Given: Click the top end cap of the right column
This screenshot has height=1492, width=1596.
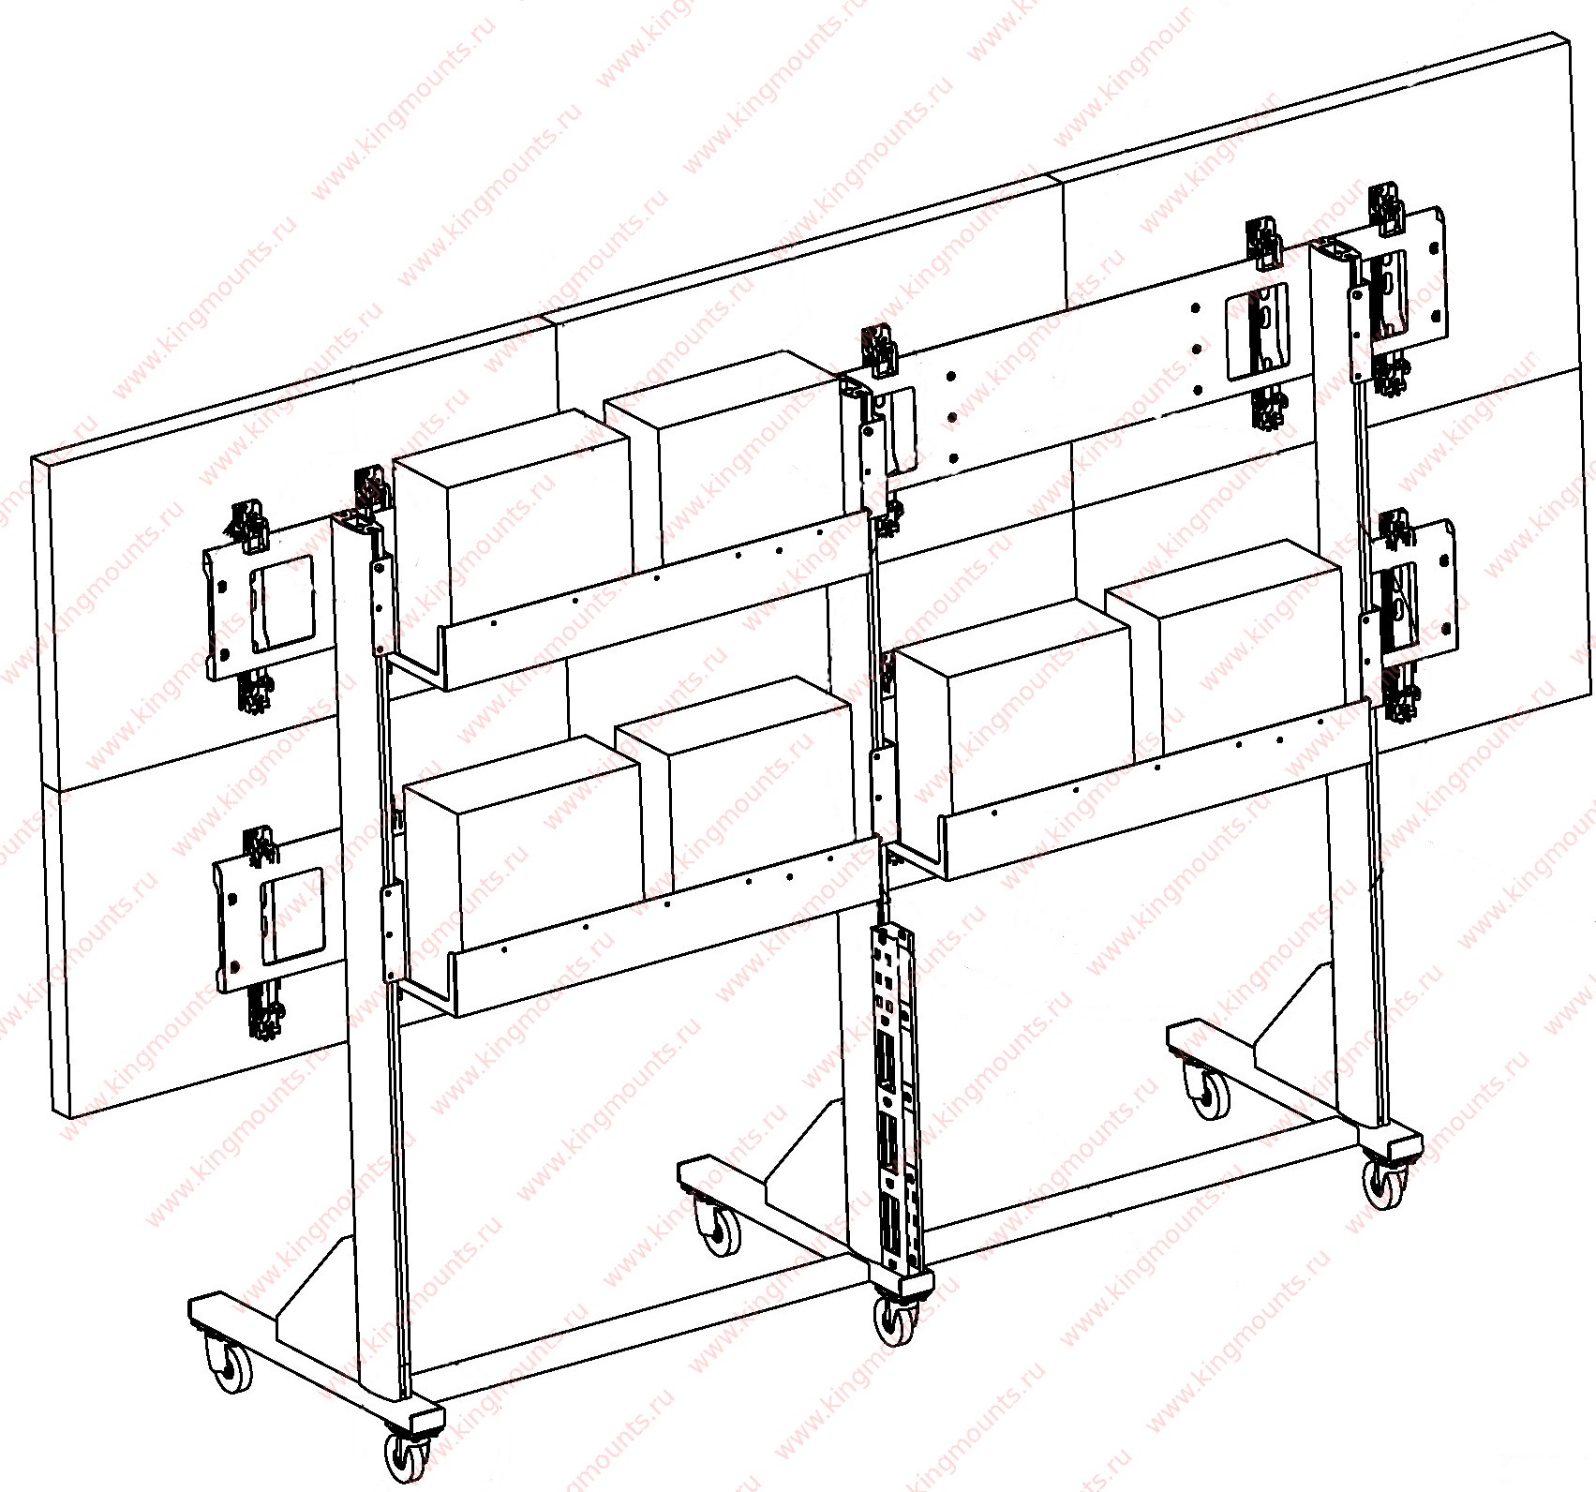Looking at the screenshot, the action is pyautogui.click(x=1335, y=251).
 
